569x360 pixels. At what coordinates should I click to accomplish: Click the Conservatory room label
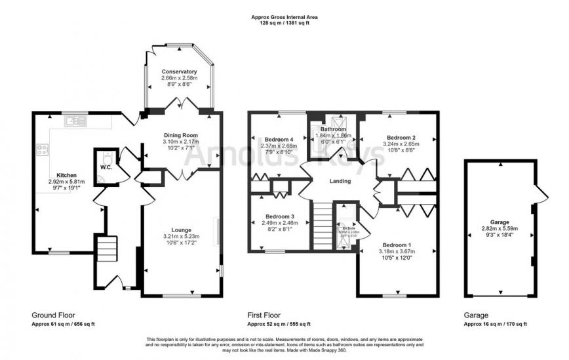(x=179, y=71)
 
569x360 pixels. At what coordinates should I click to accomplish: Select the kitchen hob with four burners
(x=43, y=150)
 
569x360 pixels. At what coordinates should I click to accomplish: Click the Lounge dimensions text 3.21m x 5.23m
(x=181, y=237)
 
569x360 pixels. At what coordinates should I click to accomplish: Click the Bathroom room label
(x=333, y=129)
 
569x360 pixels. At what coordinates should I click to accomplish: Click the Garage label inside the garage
(x=500, y=222)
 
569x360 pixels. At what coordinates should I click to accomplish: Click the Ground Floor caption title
(x=50, y=315)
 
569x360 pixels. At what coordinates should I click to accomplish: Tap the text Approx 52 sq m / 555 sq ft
(x=279, y=324)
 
